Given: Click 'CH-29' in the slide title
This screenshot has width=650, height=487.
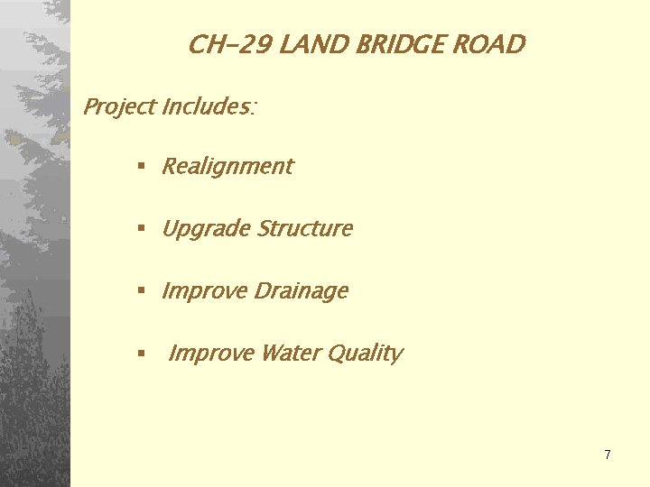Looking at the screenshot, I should [x=229, y=44].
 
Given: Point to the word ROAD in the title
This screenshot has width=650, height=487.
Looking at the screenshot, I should [x=493, y=44].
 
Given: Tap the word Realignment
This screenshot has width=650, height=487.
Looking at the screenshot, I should [x=227, y=167].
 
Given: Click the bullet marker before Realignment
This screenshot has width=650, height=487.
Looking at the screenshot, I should [x=141, y=167].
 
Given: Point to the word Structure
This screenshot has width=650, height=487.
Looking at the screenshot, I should [x=305, y=229].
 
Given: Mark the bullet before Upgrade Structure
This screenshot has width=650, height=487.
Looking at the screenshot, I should [x=141, y=230].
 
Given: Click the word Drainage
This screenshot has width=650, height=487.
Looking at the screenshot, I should [x=302, y=291].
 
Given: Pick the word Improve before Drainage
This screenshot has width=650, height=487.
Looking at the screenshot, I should [x=205, y=291].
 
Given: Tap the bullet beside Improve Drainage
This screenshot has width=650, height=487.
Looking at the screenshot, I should [x=141, y=291].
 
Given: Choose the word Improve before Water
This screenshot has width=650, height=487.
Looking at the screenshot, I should [x=211, y=354].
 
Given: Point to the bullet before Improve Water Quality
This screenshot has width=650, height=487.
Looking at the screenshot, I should [x=141, y=354].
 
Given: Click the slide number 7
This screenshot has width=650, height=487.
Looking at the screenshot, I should [x=608, y=455].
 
